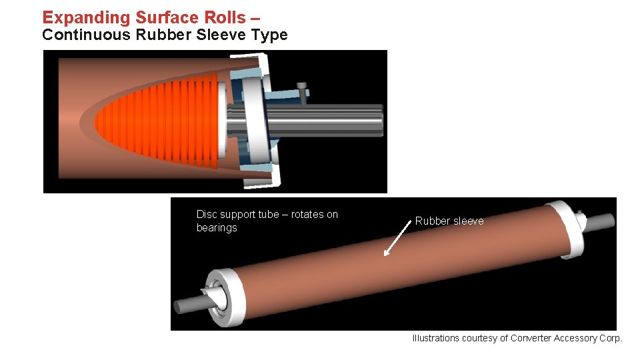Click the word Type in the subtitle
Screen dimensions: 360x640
click(x=270, y=35)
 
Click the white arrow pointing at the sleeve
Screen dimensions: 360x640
click(x=397, y=240)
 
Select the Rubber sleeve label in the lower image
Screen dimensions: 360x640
click(x=449, y=221)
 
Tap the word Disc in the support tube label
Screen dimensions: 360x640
click(x=207, y=214)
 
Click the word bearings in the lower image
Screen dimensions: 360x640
click(x=217, y=228)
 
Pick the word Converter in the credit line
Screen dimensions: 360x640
click(x=531, y=338)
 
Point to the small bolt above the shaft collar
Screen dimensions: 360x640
click(x=303, y=92)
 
